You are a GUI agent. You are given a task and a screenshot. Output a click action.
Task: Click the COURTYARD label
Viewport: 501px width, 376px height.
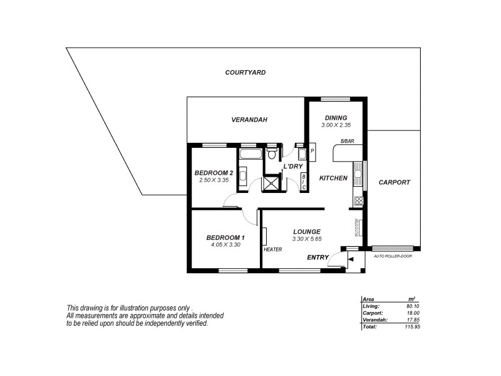[245, 73]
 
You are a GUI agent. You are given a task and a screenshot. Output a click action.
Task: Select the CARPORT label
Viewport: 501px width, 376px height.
[395, 182]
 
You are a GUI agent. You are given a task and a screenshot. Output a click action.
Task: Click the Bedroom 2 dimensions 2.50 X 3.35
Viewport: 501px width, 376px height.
[214, 180]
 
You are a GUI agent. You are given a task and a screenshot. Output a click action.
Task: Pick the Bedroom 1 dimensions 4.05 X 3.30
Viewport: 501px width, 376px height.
[225, 245]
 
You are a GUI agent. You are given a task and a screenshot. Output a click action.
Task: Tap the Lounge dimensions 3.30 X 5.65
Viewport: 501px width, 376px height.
[306, 239]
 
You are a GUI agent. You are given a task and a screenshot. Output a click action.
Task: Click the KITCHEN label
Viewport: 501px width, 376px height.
[333, 179]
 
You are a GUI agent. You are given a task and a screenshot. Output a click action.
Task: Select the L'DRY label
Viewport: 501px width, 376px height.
[293, 166]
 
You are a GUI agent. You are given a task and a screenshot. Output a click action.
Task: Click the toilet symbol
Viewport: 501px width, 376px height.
[272, 152]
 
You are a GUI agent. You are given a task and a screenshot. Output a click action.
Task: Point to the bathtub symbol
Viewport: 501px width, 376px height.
[252, 152]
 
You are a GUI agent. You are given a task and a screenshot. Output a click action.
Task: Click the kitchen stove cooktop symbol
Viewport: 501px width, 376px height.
[359, 201]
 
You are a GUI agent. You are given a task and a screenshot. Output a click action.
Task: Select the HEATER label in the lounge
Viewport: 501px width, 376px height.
[272, 249]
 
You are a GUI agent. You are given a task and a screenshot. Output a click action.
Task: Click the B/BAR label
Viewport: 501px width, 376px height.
[347, 142]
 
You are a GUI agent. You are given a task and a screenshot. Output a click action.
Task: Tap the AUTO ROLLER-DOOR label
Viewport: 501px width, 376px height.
[392, 256]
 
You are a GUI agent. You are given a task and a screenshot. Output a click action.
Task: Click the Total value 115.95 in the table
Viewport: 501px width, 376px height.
[411, 326]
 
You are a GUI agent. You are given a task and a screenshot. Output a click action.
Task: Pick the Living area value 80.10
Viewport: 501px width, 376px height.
[412, 306]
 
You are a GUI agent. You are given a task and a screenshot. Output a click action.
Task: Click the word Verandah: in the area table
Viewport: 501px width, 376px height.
[374, 320]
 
